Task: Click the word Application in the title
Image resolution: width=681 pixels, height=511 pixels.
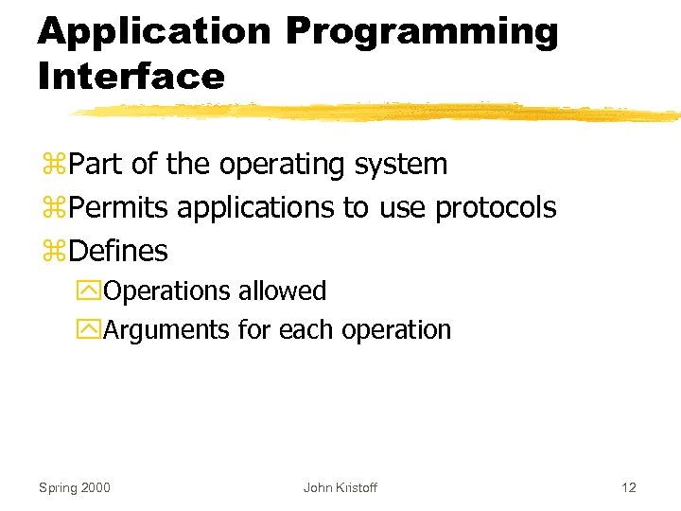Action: (153, 31)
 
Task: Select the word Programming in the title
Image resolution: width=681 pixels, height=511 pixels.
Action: (422, 31)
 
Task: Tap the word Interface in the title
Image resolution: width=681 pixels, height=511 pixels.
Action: (131, 76)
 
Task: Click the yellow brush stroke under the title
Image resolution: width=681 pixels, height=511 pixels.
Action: (378, 113)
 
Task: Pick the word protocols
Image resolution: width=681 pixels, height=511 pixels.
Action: (496, 208)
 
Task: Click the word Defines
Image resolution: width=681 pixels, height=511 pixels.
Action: (118, 252)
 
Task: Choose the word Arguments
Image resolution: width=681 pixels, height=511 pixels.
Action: (166, 330)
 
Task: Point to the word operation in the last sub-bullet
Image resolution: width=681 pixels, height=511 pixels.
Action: (396, 330)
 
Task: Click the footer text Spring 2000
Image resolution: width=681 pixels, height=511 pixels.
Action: (74, 487)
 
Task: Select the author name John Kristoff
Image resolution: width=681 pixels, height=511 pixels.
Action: (340, 487)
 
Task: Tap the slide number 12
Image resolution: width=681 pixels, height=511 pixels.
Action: (628, 487)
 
